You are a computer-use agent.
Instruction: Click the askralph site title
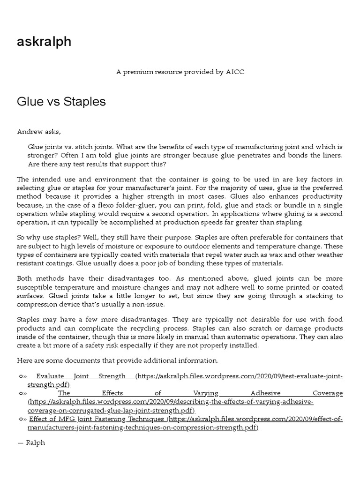click(44, 42)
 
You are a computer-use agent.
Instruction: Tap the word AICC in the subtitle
click(234, 72)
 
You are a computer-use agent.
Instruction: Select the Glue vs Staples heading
click(61, 102)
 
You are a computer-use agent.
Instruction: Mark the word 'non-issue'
click(150, 304)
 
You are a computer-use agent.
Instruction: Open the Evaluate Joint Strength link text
click(81, 376)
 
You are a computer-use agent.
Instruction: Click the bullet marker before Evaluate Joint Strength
click(22, 376)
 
